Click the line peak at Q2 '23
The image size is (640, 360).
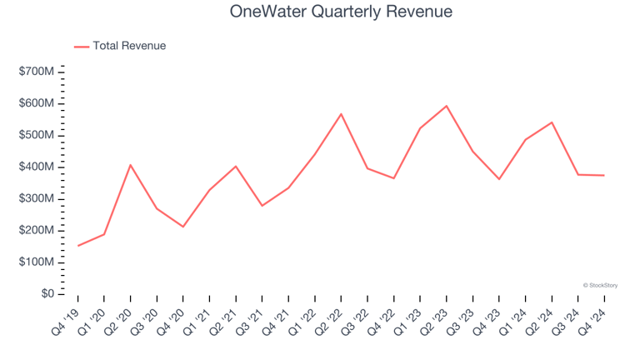[x=447, y=106]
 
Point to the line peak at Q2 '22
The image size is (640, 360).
[x=342, y=114]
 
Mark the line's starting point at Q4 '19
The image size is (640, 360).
[x=78, y=246]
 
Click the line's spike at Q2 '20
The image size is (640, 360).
[x=131, y=165]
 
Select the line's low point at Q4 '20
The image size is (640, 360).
[x=183, y=227]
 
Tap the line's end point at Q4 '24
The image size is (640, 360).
[x=604, y=175]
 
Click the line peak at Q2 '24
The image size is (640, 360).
[x=552, y=122]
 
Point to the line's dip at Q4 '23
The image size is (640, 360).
[x=499, y=179]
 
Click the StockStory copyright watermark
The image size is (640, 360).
[x=600, y=285]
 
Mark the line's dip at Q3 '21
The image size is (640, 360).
[x=262, y=206]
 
